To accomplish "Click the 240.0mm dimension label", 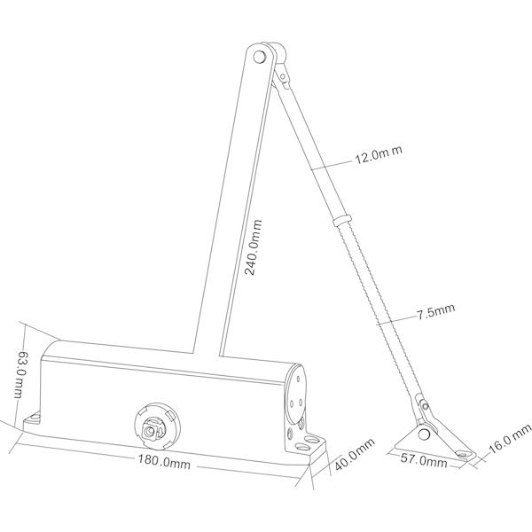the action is point(254,247).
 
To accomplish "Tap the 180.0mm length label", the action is point(163,461).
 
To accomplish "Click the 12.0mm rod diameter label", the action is point(379,154).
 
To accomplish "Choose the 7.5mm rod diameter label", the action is point(436,311).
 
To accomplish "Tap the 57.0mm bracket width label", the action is point(424,460).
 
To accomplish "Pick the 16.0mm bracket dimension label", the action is point(509,438).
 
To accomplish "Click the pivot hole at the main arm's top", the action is point(259,57).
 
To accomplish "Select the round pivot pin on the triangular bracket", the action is point(424,434).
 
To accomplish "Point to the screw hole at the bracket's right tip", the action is point(460,453).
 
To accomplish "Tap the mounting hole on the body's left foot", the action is point(34,418).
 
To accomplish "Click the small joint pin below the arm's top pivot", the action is point(283,78).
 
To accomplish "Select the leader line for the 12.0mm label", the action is point(332,165).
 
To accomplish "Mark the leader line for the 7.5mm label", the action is point(396,320).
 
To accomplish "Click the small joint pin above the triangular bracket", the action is point(424,406).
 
